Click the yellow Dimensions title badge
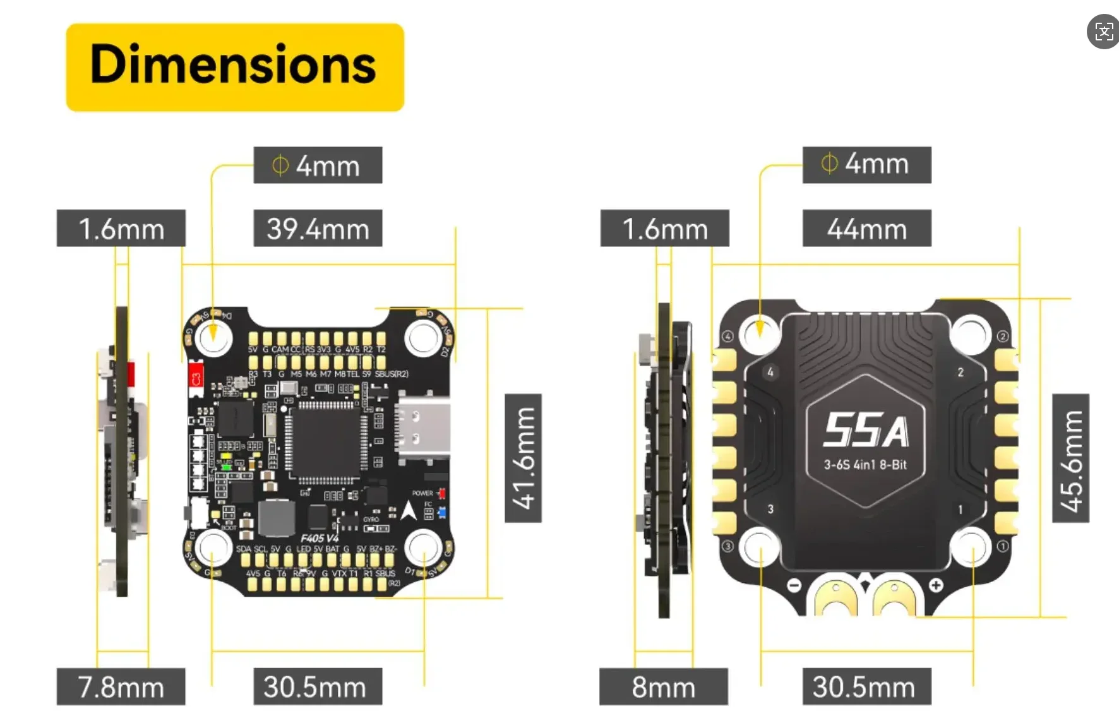234,67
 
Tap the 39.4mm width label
318,228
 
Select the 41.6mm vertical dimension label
523,458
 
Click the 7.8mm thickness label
121,686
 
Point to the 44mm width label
866,228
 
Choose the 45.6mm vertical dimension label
1070,458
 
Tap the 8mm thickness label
663,686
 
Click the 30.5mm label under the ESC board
866,686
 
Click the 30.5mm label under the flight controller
318,686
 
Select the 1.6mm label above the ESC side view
664,228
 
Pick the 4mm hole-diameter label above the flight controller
318,165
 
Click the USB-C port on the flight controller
422,426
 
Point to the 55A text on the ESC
866,431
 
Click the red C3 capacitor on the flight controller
196,377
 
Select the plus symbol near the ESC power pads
936,585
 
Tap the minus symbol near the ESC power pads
794,585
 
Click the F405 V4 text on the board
320,538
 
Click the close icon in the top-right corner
1103,32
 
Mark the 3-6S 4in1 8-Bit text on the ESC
865,465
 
